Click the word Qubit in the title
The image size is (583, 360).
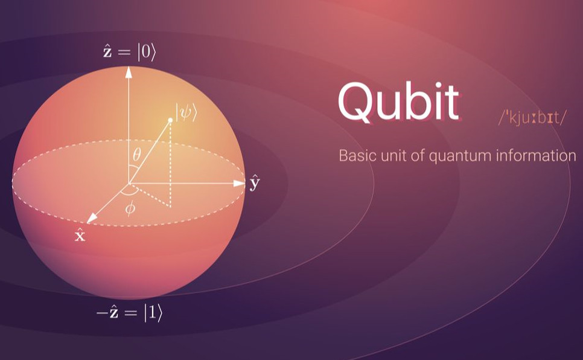coord(398,101)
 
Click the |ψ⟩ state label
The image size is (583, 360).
coord(186,112)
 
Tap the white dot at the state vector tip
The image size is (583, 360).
coord(170,120)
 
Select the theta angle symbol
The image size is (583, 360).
coord(137,154)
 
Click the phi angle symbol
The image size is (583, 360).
coord(130,208)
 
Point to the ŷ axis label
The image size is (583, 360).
coord(255,182)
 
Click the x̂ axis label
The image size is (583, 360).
coord(80,235)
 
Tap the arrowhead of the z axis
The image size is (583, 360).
coord(129,72)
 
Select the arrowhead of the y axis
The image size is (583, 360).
coord(239,183)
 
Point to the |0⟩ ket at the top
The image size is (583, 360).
coord(147,53)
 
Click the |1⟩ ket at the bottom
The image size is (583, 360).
coord(153,313)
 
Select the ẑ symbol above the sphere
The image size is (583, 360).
coord(107,51)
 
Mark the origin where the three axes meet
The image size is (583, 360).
coord(129,183)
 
